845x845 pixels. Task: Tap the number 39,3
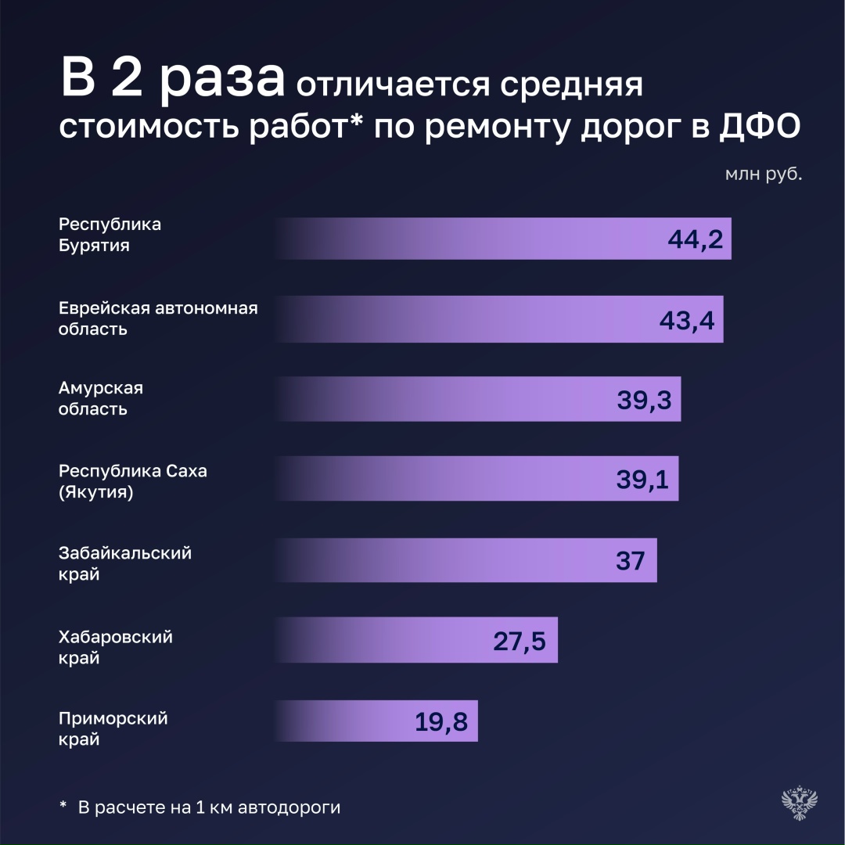(644, 399)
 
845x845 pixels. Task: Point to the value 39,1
(642, 480)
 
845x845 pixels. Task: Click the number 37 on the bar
(630, 560)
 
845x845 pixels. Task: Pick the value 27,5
(519, 641)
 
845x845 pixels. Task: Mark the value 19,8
(441, 721)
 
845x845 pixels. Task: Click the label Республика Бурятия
(110, 235)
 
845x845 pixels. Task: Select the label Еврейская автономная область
(158, 318)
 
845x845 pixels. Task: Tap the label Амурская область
(101, 398)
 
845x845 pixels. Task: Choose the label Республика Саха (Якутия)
(133, 482)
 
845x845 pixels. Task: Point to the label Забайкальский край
(125, 563)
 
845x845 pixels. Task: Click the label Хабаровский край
(116, 647)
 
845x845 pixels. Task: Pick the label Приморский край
(113, 728)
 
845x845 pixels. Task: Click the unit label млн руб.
(763, 174)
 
